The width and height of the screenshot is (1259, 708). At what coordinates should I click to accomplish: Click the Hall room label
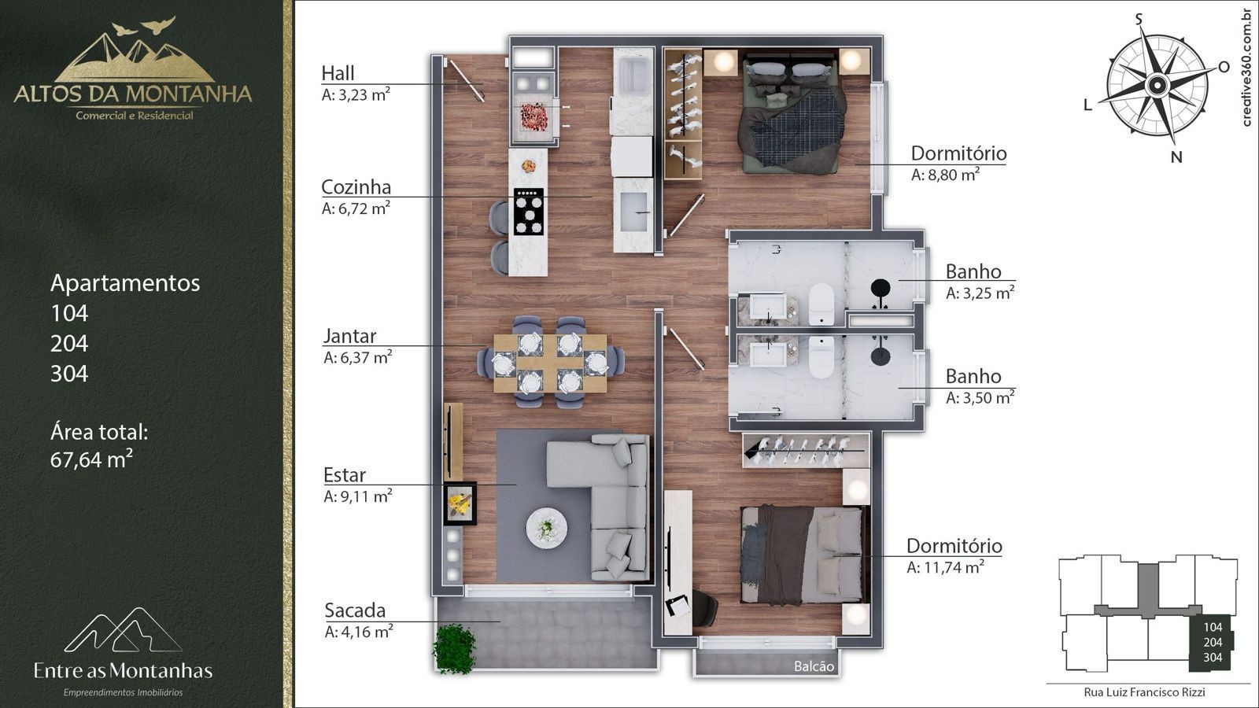click(x=338, y=73)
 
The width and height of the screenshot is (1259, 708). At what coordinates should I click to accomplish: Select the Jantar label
click(x=349, y=336)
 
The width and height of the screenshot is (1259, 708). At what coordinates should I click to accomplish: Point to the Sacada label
click(x=355, y=610)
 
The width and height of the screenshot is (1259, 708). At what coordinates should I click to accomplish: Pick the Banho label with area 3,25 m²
click(x=973, y=271)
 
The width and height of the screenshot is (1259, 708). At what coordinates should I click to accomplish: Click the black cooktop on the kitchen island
click(x=528, y=212)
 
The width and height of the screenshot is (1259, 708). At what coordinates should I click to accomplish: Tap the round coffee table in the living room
click(x=546, y=528)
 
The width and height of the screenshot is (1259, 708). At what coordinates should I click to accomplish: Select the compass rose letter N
click(x=1176, y=157)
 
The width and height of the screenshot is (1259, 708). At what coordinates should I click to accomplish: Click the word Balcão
click(x=814, y=666)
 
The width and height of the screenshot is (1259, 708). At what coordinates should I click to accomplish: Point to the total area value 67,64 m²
click(x=91, y=459)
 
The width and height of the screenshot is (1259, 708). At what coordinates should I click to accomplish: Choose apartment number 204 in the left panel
click(x=69, y=343)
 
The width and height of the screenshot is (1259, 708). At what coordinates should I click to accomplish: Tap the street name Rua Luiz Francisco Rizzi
click(x=1144, y=692)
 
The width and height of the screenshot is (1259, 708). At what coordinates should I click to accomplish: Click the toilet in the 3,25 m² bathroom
click(x=821, y=304)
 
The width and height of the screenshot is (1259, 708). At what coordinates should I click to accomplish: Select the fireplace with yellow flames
click(x=460, y=503)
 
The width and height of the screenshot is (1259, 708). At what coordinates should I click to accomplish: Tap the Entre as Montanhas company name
click(x=123, y=670)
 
